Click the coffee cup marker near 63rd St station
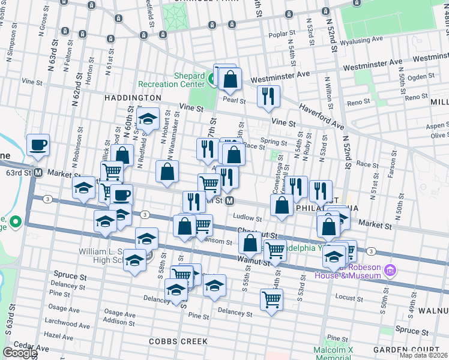point(38,145)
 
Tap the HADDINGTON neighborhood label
point(133,97)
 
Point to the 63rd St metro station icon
point(38,172)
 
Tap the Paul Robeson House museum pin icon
point(390,270)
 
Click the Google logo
point(20,353)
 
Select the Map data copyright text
point(423,355)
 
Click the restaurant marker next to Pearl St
point(268,97)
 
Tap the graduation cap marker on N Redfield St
point(147,118)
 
